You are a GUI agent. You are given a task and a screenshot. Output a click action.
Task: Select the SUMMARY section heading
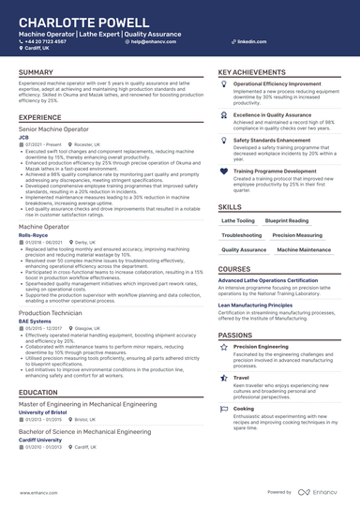tap(36, 72)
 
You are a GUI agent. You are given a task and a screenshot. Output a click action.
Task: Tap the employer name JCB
tap(23, 135)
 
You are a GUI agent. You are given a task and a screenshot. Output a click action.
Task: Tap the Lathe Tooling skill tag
tap(237, 220)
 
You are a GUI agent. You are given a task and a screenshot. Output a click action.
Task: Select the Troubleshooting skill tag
tap(242, 235)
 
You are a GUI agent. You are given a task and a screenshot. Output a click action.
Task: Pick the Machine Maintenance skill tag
tap(304, 250)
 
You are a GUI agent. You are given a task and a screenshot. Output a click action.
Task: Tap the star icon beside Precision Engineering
tap(223, 346)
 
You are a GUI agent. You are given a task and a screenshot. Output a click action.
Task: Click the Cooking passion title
tap(243, 409)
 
